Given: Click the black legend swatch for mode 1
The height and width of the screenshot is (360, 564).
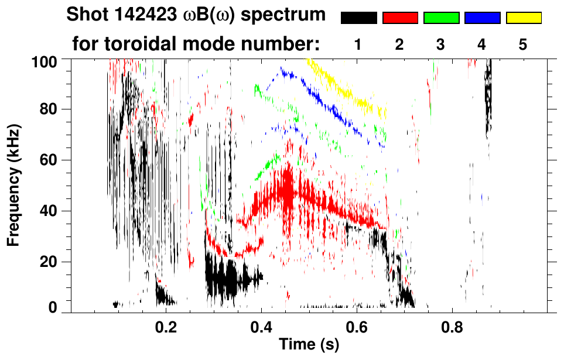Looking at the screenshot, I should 358,18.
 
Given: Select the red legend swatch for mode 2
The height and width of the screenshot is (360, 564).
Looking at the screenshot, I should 400,18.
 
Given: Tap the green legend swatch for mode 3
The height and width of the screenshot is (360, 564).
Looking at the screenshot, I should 441,18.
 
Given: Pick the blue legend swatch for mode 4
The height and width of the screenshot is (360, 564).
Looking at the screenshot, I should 482,18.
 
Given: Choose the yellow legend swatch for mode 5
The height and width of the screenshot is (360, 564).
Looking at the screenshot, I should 524,18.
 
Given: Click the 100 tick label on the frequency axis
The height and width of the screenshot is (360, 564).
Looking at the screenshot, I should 45,61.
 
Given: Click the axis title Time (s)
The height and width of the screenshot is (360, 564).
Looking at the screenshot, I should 309,345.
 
